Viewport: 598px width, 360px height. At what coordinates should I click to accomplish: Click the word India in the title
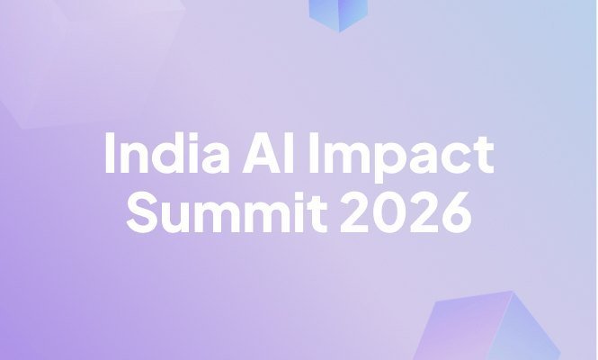pyautogui.click(x=166, y=153)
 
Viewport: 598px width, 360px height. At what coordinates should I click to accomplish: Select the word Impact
pyautogui.click(x=401, y=157)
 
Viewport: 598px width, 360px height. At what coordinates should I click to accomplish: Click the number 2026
pyautogui.click(x=406, y=212)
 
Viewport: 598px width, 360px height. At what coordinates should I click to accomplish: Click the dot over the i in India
pyautogui.click(x=193, y=136)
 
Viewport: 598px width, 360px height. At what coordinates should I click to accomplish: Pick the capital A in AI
pyautogui.click(x=263, y=153)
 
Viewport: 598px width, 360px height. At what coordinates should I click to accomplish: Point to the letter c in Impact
pyautogui.click(x=457, y=158)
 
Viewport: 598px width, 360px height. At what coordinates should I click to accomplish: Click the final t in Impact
pyautogui.click(x=485, y=156)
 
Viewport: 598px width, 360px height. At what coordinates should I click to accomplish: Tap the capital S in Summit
pyautogui.click(x=143, y=212)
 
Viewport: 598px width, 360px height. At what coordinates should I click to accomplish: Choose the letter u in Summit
pyautogui.click(x=178, y=218)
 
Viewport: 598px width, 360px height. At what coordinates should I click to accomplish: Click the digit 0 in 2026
pyautogui.click(x=389, y=212)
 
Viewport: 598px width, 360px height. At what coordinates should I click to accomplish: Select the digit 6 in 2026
pyautogui.click(x=455, y=212)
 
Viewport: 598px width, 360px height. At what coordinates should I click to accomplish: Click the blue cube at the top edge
pyautogui.click(x=338, y=13)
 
